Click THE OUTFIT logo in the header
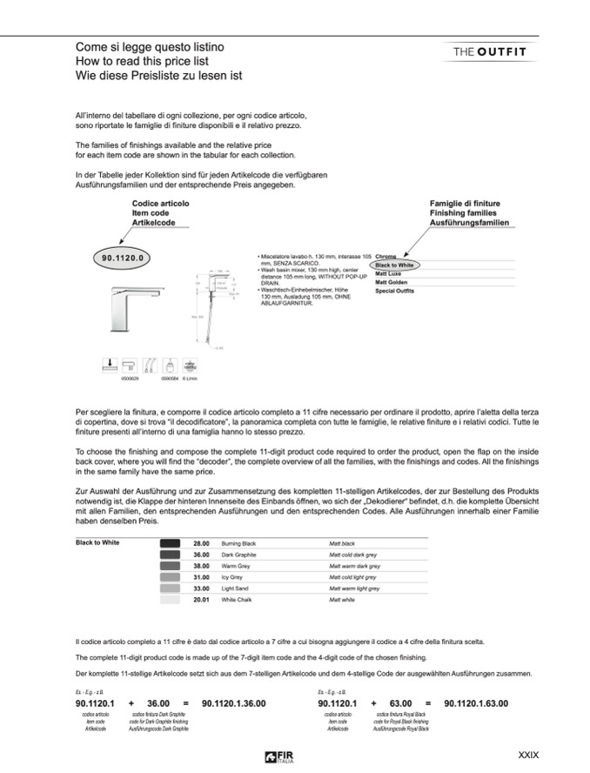[489, 51]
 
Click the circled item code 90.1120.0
[121, 258]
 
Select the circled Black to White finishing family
[393, 266]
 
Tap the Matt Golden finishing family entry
[392, 282]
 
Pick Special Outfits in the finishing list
[394, 291]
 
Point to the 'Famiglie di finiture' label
[466, 203]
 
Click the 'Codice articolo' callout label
[160, 203]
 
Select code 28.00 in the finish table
[202, 542]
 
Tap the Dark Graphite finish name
[241, 554]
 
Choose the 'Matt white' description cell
[341, 600]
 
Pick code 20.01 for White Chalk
[202, 600]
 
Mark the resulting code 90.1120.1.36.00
[233, 703]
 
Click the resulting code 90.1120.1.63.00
[476, 703]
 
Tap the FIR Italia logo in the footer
[277, 755]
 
